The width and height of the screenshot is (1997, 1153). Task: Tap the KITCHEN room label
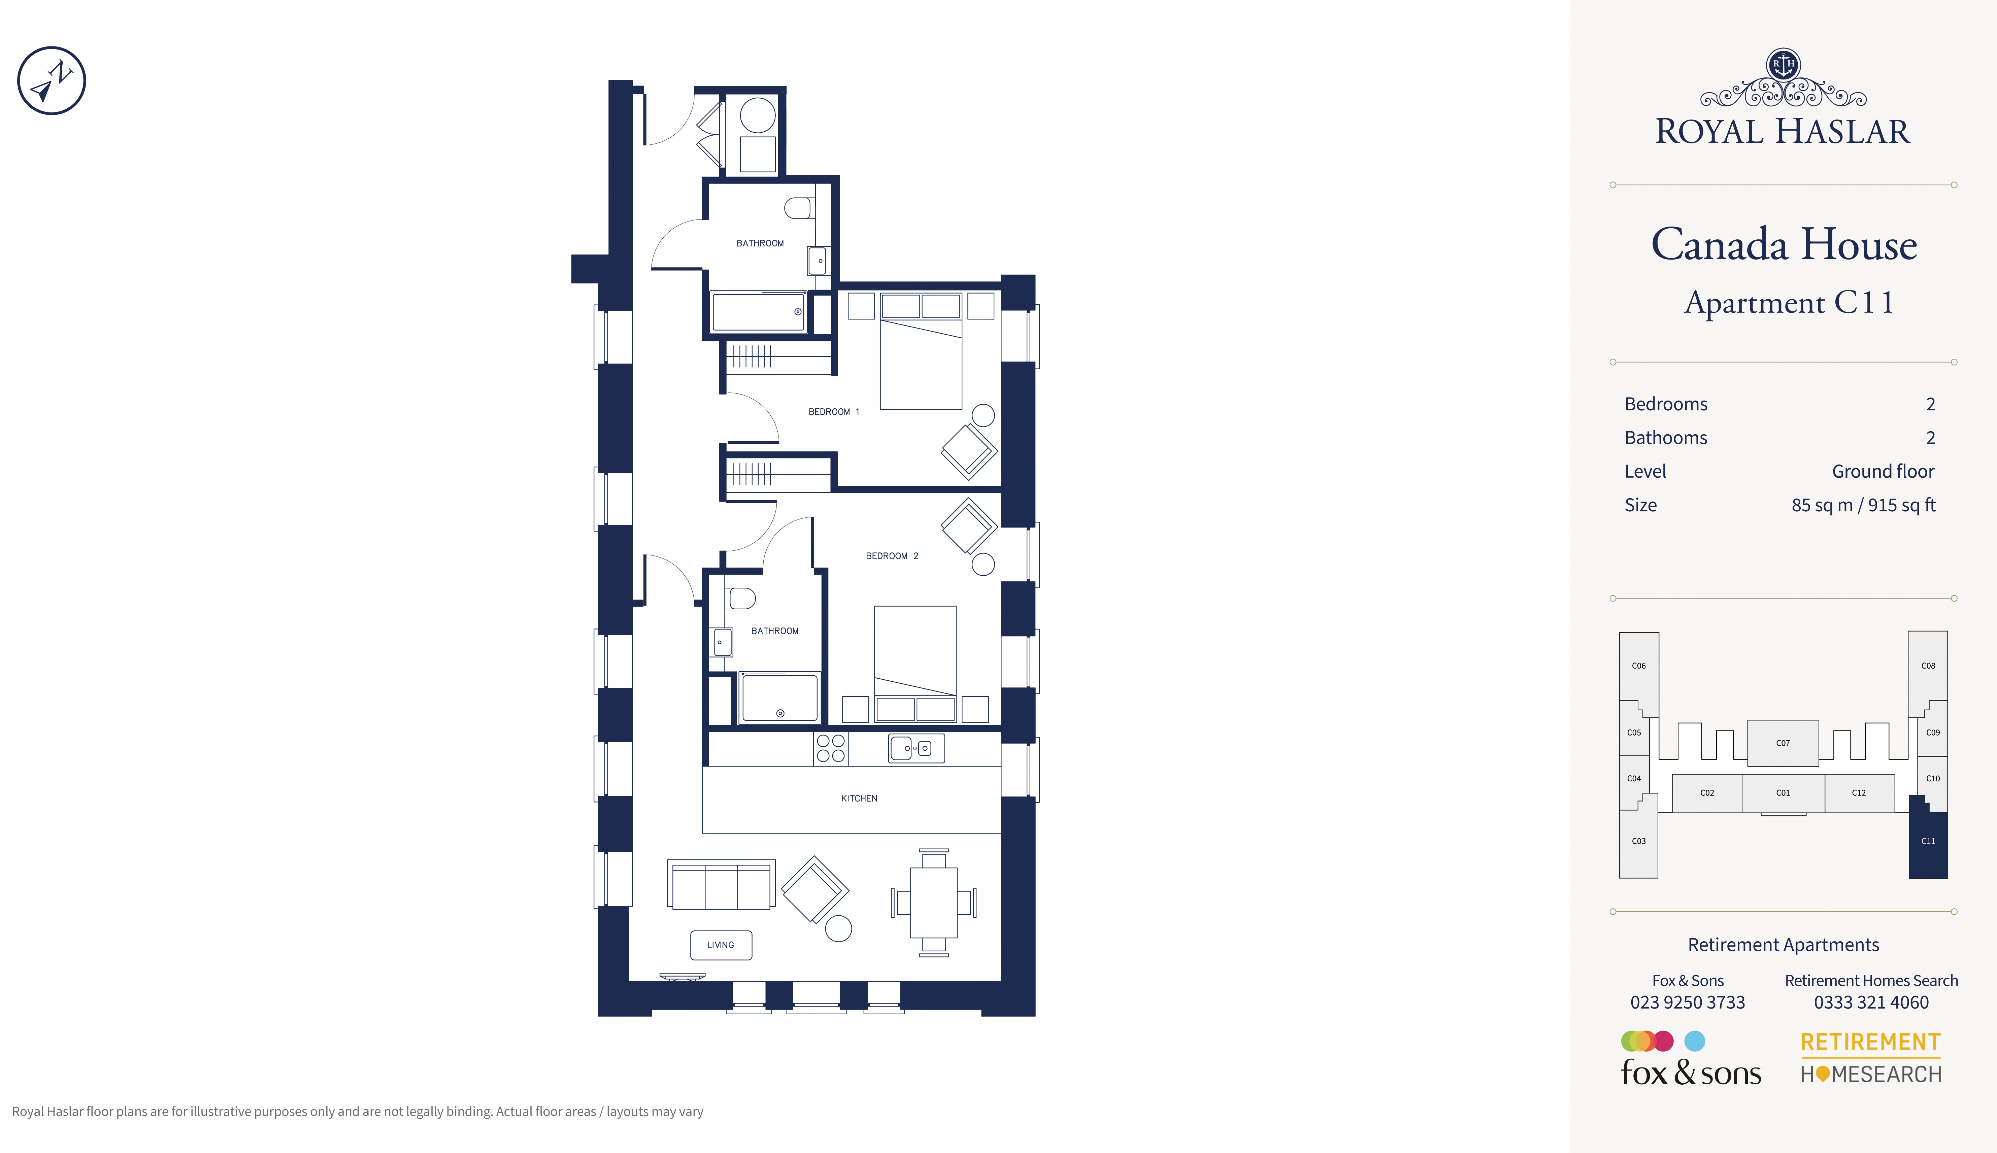point(859,798)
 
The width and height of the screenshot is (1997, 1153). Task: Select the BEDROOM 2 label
point(892,556)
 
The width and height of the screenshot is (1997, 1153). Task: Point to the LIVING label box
point(721,945)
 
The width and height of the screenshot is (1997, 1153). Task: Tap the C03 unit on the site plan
point(1638,841)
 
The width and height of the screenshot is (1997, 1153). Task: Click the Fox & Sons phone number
point(1687,1003)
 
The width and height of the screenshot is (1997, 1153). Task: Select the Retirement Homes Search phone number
point(1871,1003)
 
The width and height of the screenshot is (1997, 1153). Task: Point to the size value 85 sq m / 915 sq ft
point(1863,505)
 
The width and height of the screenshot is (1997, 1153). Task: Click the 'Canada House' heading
point(1784,245)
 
